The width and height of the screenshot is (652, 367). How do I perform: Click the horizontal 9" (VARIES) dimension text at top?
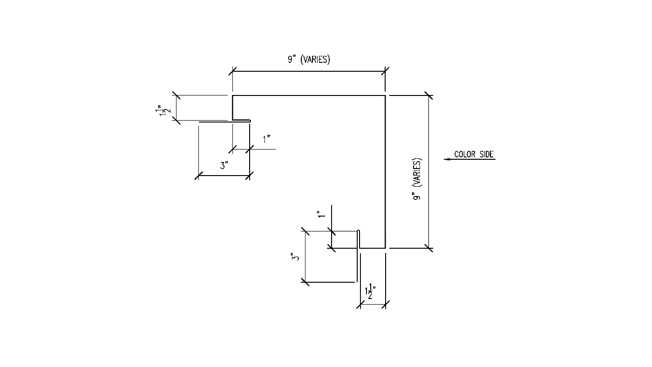[309, 59]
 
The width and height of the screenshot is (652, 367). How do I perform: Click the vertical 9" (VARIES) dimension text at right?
[417, 179]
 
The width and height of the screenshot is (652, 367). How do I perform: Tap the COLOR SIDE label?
[474, 154]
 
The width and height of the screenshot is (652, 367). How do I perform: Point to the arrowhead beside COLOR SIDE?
[447, 159]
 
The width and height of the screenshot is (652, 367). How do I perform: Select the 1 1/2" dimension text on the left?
[163, 111]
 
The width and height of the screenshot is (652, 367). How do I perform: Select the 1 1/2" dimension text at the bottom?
[370, 291]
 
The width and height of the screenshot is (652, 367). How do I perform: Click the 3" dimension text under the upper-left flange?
[224, 166]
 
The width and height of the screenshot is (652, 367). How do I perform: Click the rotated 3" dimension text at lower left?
[295, 257]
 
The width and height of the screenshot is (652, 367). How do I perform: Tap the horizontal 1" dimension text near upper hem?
[266, 139]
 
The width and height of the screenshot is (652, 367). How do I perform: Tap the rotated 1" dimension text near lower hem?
[321, 214]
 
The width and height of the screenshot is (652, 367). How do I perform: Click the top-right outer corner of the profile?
[385, 95]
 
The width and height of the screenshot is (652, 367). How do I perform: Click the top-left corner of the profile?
[232, 95]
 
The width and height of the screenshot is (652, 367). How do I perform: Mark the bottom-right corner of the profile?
[385, 248]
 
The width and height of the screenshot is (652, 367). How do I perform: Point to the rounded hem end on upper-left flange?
[250, 121]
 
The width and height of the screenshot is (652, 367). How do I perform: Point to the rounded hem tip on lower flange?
[359, 231]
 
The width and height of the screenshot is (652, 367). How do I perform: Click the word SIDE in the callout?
[487, 154]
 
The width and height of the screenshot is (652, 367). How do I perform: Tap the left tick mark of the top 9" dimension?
[232, 71]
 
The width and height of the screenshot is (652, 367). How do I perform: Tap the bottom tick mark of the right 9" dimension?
[428, 248]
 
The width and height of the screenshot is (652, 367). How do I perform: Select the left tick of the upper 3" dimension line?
[198, 176]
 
